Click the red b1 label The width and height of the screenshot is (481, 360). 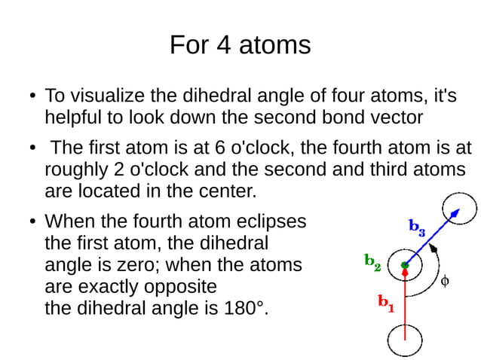[x=386, y=304]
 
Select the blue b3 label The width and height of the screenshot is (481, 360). [x=417, y=226]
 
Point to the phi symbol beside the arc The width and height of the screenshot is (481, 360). [x=445, y=281]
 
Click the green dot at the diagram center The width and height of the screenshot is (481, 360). [x=405, y=265]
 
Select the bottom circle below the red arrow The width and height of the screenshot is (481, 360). [x=405, y=339]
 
